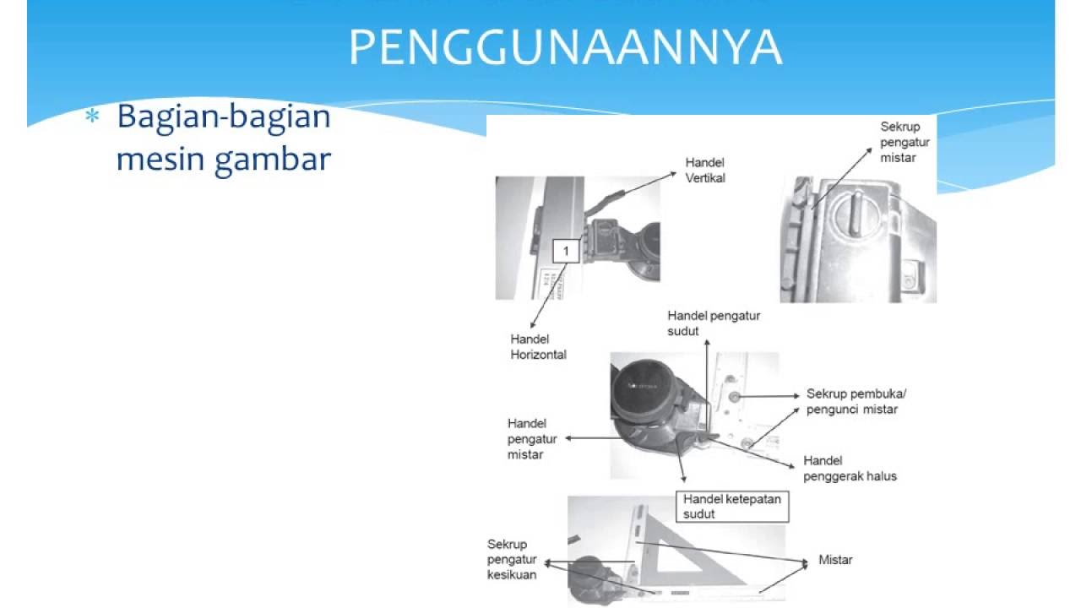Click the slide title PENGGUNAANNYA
tap(565, 49)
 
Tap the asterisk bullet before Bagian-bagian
tap(92, 117)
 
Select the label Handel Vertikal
tap(705, 170)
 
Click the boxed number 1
tap(566, 251)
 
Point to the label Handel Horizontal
tap(538, 346)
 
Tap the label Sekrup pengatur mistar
tap(904, 142)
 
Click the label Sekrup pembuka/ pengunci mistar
tap(856, 401)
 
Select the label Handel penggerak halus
tap(850, 469)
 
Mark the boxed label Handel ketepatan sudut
tap(732, 506)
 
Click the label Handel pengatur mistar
tap(526, 438)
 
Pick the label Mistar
tap(835, 560)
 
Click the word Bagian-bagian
tap(224, 116)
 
